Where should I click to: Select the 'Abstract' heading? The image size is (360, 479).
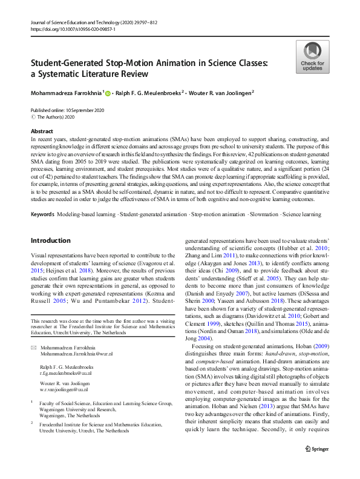tap(41, 131)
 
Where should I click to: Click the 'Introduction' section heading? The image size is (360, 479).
tap(50, 240)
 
